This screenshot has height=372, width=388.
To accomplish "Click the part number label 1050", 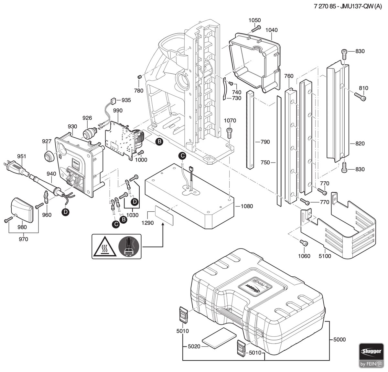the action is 254,20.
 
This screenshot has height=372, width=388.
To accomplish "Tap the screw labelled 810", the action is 360,97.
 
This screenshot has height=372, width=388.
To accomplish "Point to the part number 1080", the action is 247,206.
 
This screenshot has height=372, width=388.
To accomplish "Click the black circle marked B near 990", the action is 159,142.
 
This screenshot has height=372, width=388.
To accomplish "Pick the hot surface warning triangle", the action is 105,247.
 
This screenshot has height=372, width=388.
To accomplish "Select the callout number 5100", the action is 325,256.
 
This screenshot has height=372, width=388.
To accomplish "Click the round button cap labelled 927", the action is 48,156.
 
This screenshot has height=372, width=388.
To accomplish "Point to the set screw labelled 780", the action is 140,77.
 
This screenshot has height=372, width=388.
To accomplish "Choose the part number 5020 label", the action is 194,346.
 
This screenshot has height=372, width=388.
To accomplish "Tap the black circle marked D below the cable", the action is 65,212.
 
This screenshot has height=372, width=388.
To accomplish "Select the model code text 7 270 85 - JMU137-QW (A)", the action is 348,6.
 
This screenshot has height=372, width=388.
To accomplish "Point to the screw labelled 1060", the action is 304,243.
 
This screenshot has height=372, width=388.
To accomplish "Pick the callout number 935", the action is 126,100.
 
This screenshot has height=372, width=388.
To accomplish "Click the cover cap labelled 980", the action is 22,210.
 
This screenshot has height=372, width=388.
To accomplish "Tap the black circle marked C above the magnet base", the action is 182,156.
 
